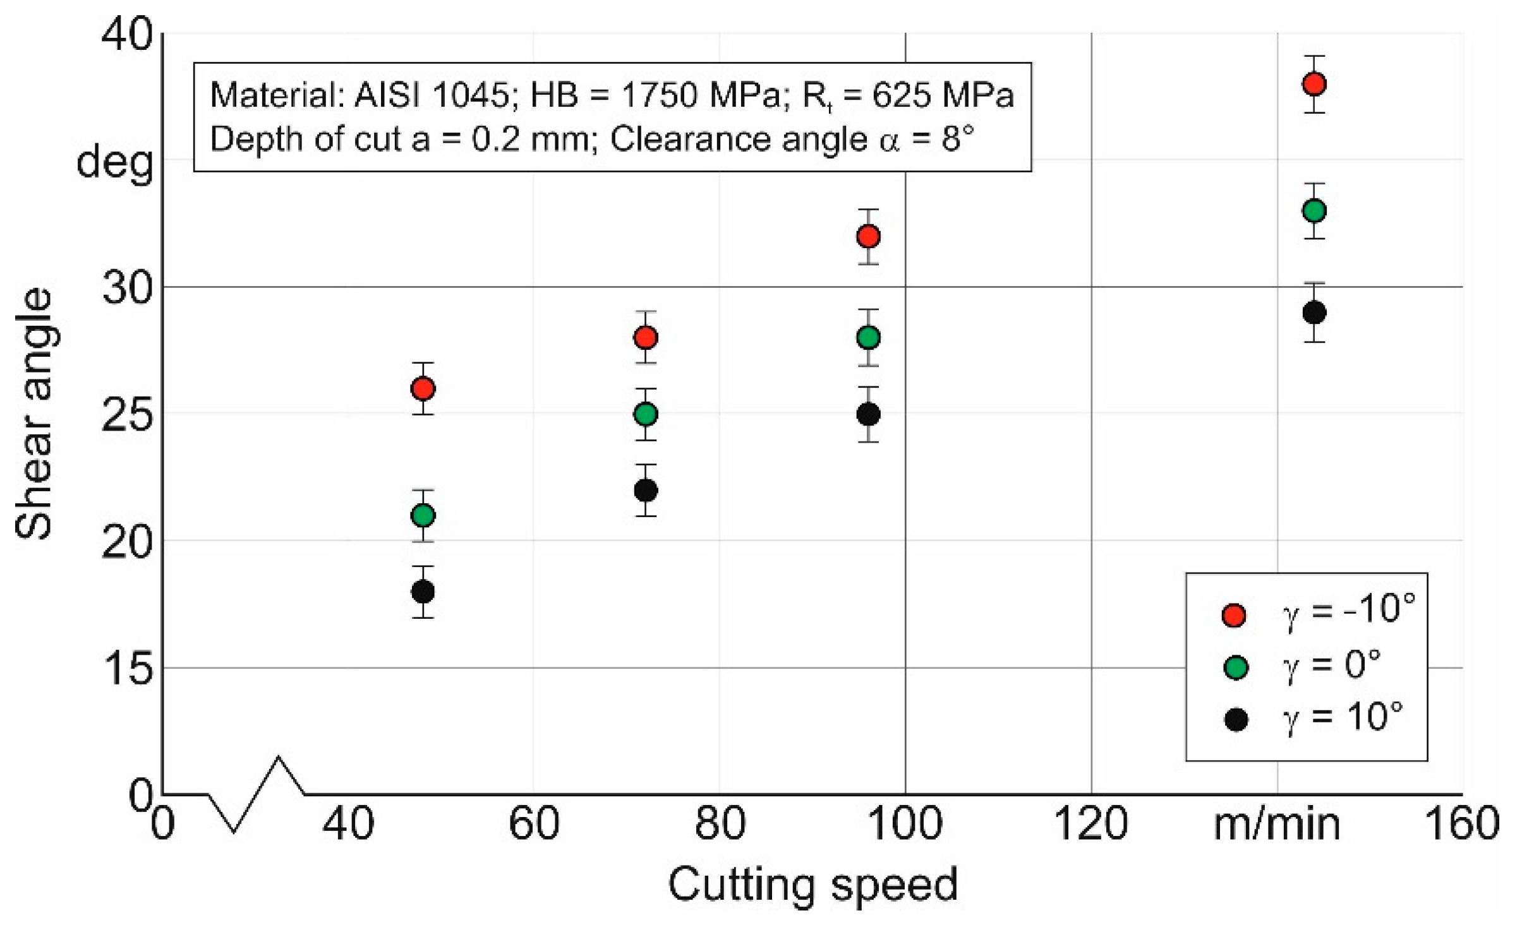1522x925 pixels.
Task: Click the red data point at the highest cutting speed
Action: [1314, 84]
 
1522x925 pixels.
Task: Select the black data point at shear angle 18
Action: [423, 592]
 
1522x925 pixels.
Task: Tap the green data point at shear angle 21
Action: [423, 515]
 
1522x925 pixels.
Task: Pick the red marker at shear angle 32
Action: [868, 236]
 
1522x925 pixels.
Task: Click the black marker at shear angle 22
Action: [645, 490]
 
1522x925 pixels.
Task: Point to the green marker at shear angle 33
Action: [1314, 211]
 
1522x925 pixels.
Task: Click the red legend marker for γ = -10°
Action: [1233, 614]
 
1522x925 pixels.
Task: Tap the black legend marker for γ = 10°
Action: [1235, 719]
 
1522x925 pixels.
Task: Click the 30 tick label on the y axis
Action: [127, 289]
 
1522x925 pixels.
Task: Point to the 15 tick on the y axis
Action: [127, 669]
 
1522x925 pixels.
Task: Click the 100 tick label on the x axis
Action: [905, 823]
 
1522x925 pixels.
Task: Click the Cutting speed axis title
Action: [812, 885]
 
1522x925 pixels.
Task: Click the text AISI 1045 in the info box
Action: [431, 95]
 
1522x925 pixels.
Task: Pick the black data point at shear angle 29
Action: [1314, 313]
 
